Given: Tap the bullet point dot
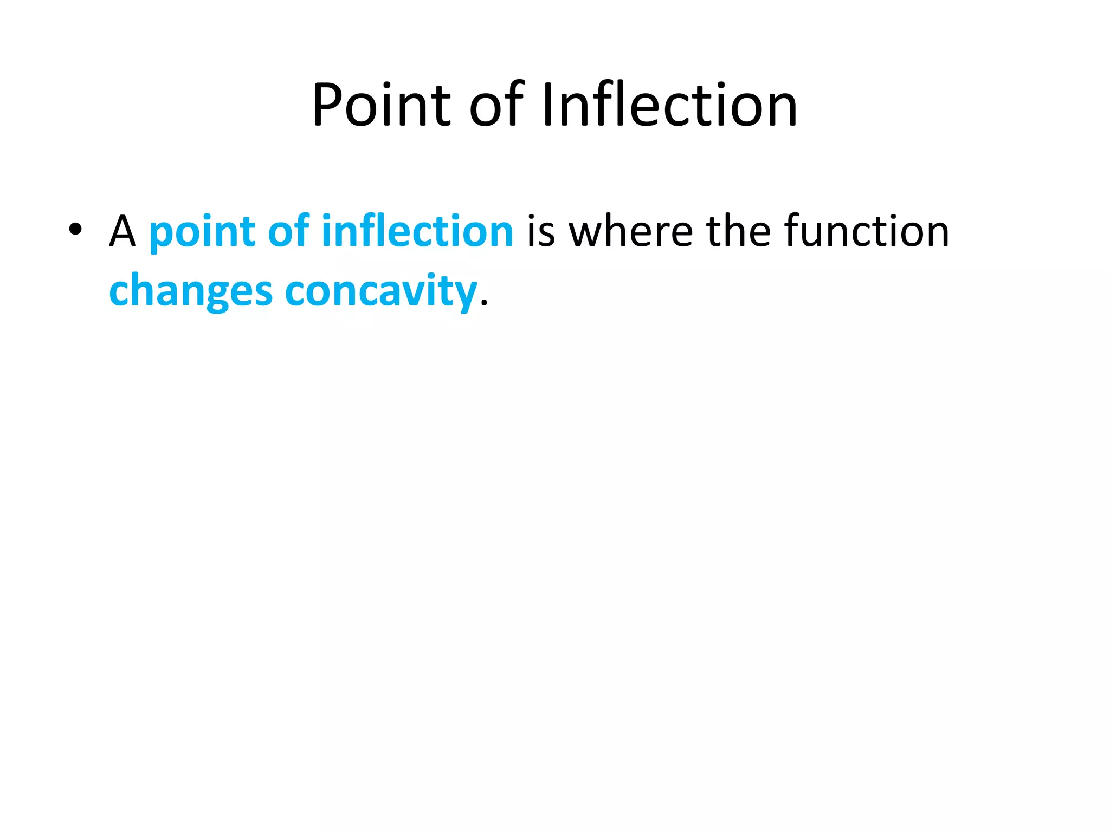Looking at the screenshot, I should point(75,230).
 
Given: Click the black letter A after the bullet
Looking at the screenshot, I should point(122,231).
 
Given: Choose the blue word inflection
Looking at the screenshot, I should point(417,231).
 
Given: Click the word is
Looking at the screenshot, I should point(541,231).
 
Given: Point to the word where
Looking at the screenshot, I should point(631,231).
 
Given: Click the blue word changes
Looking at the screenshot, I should point(190,291).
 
